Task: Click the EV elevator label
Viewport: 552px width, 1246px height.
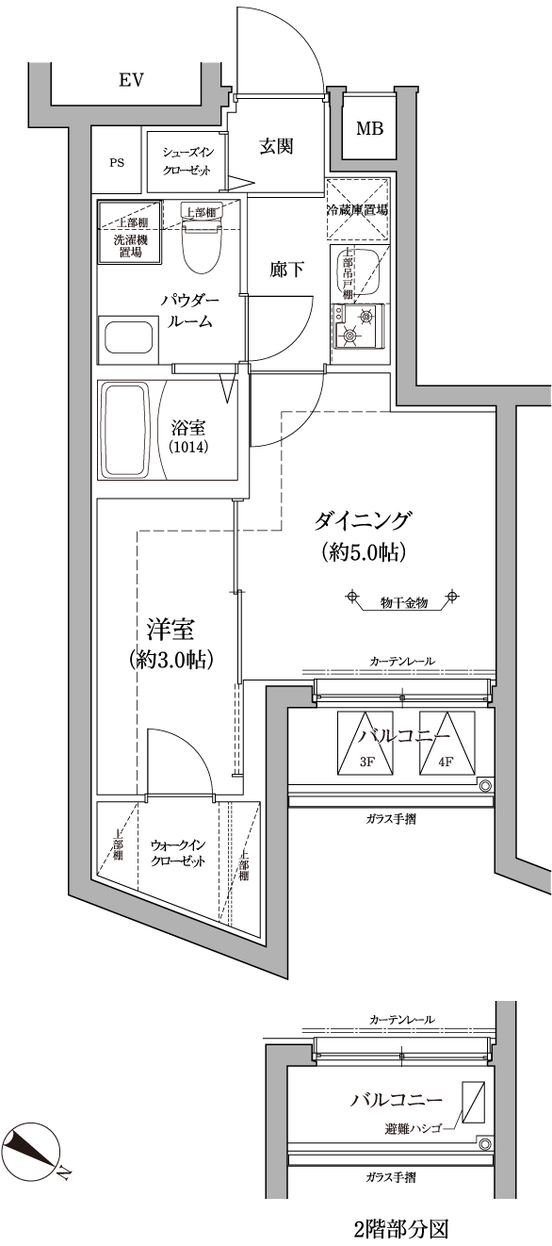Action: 131,81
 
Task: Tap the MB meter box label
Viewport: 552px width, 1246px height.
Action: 369,129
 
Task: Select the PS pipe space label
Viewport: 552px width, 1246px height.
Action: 117,163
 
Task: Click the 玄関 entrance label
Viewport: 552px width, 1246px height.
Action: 276,146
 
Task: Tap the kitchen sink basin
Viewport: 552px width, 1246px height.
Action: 356,273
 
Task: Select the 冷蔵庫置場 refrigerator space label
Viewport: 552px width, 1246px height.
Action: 357,210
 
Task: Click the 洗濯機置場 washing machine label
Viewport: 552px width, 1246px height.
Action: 130,246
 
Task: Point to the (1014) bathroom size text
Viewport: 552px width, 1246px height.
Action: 189,447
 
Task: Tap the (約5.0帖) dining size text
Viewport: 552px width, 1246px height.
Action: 363,552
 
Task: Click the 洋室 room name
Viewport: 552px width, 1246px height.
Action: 170,631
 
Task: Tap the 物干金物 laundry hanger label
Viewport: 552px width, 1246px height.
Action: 403,602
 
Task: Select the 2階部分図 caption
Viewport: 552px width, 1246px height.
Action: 400,1228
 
